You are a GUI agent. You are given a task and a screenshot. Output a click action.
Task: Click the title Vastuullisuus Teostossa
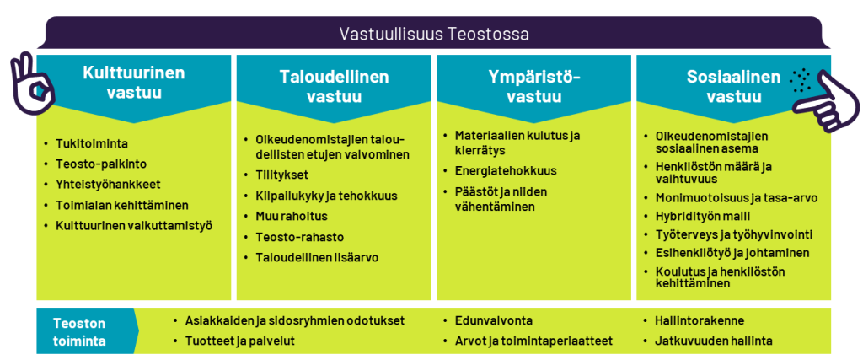click(x=434, y=34)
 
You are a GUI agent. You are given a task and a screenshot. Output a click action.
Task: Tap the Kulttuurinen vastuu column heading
click(x=134, y=83)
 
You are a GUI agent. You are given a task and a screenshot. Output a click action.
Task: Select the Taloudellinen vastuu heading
click(x=334, y=87)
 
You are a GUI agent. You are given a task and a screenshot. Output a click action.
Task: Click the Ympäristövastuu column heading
click(x=534, y=87)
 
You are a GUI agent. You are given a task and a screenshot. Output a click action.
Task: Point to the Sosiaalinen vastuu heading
click(x=734, y=87)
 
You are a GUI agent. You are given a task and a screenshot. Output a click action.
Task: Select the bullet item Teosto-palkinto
click(x=101, y=164)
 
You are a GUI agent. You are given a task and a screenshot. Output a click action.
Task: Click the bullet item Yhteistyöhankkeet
click(x=108, y=185)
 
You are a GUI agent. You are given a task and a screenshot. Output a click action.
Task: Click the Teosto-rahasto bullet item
click(x=299, y=237)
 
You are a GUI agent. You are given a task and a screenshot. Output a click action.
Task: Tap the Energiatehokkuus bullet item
click(x=506, y=170)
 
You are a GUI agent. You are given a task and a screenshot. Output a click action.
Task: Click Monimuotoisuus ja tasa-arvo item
click(x=737, y=197)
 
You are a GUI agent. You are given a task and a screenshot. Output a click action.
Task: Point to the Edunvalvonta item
click(x=494, y=321)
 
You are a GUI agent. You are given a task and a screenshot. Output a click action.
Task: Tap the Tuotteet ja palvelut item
click(x=240, y=341)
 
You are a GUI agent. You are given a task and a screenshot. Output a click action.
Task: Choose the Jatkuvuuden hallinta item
click(x=713, y=341)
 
